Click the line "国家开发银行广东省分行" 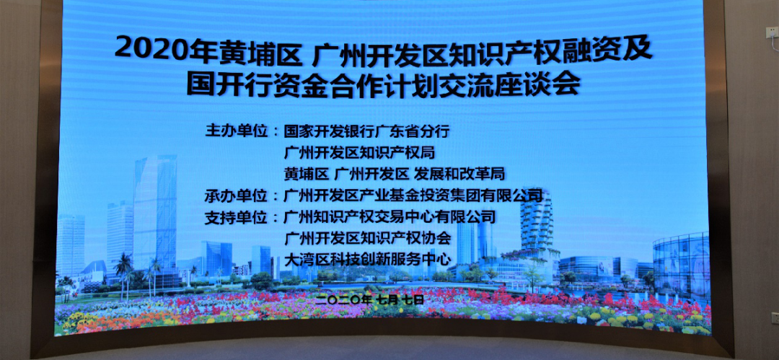click(366, 132)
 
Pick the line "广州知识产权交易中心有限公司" click(390, 217)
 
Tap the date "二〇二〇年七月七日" click(371, 300)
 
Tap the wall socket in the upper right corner click(772, 32)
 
